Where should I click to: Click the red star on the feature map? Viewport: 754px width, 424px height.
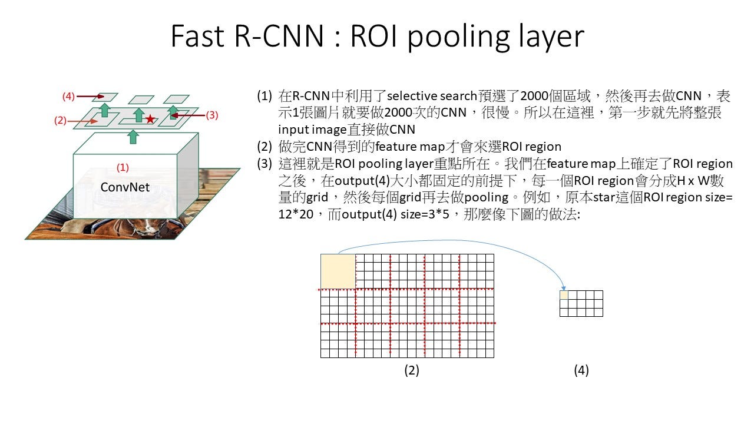click(150, 119)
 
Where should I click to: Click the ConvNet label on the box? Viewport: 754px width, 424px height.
click(125, 187)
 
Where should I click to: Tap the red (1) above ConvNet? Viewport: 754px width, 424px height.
click(123, 168)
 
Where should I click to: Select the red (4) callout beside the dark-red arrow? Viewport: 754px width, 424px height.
click(68, 97)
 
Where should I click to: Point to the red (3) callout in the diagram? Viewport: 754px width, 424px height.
click(212, 115)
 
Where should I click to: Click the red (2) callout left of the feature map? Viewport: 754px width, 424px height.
click(60, 121)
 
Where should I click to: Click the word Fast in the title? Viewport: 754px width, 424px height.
click(197, 36)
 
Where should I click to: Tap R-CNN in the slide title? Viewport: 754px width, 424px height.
click(279, 36)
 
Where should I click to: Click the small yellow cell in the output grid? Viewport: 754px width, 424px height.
click(564, 295)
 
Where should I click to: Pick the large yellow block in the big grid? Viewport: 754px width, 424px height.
click(338, 271)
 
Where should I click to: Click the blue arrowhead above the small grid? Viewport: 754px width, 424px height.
click(564, 289)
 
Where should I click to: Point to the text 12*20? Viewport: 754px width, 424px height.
click(296, 214)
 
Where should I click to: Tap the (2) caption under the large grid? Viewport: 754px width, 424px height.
click(412, 370)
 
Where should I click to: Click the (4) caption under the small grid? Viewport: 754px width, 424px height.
click(581, 370)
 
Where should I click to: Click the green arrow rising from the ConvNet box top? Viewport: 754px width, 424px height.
click(133, 137)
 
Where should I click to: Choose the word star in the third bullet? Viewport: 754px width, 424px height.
click(604, 197)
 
